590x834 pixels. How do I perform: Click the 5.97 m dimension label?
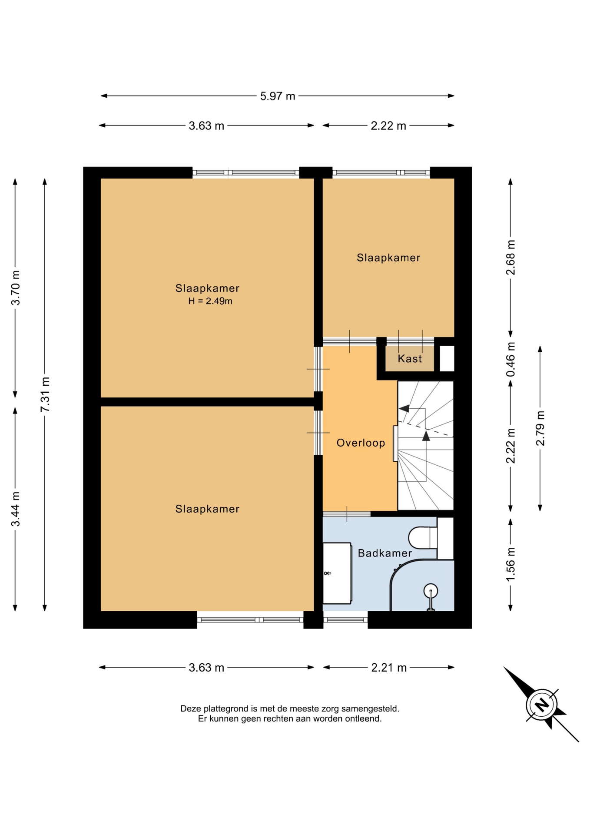click(278, 96)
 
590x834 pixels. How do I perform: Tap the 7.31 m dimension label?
click(45, 394)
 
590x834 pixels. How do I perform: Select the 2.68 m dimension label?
click(511, 257)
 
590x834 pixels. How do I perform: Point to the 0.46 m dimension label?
click(511, 359)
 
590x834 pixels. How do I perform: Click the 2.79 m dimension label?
click(540, 428)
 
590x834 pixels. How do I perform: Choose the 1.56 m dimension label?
click(511, 564)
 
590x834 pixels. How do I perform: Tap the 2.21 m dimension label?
click(389, 668)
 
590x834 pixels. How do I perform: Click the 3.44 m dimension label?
click(16, 509)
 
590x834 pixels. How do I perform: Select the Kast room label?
click(410, 359)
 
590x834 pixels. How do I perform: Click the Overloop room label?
click(361, 443)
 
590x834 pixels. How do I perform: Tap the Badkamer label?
click(385, 553)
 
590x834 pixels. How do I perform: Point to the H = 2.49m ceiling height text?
click(210, 301)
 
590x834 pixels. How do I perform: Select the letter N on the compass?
click(541, 705)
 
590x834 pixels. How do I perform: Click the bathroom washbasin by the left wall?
click(338, 573)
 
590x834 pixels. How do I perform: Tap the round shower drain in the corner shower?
click(431, 591)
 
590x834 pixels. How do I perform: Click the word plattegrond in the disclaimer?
click(224, 709)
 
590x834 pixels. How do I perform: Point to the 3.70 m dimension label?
click(16, 288)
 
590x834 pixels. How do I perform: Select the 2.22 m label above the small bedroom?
click(388, 126)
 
